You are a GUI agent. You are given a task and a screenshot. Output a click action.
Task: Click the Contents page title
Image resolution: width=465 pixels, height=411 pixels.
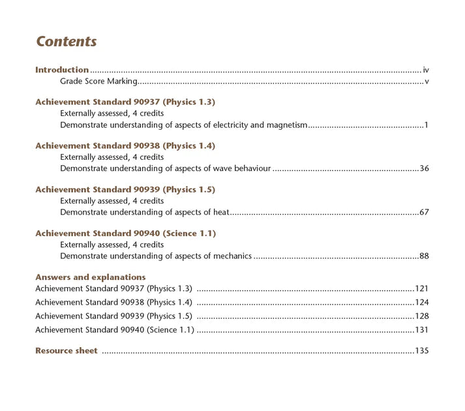click(x=67, y=42)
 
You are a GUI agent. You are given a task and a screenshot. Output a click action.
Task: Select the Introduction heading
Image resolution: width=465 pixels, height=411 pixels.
click(x=62, y=70)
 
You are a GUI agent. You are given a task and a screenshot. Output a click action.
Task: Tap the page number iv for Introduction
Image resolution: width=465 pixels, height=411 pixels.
click(x=426, y=70)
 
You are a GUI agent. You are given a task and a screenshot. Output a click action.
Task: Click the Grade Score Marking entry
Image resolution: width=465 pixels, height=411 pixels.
click(x=98, y=82)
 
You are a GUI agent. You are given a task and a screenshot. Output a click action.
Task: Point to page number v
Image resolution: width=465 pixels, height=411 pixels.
click(x=427, y=82)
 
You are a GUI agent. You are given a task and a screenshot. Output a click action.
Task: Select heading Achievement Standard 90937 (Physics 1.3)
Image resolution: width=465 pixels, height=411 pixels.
click(x=125, y=102)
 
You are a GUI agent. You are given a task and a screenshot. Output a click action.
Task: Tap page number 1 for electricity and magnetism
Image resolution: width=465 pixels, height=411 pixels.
click(x=426, y=125)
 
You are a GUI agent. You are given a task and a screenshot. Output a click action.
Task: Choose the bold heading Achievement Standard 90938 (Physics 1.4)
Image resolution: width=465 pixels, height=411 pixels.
click(x=125, y=146)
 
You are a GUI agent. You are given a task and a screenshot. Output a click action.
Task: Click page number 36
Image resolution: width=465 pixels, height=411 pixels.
click(x=424, y=168)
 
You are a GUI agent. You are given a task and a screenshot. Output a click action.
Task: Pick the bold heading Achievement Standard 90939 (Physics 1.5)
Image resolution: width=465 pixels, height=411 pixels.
click(x=125, y=190)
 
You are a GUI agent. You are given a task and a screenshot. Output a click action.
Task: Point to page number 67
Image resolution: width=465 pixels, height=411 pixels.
click(x=424, y=212)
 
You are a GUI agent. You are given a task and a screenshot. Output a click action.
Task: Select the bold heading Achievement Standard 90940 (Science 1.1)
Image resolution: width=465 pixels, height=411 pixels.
click(x=125, y=234)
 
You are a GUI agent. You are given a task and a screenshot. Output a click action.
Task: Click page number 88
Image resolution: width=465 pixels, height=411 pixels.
click(x=424, y=256)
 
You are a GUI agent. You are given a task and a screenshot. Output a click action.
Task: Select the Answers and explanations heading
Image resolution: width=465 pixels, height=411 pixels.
click(x=91, y=277)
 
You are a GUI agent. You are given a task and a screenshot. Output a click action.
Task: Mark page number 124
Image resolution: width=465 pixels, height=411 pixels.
click(x=422, y=302)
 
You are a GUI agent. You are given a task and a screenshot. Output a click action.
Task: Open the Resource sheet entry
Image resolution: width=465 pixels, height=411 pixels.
click(x=67, y=351)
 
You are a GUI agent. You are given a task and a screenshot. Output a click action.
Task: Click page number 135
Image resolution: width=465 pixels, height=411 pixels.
click(x=422, y=351)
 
